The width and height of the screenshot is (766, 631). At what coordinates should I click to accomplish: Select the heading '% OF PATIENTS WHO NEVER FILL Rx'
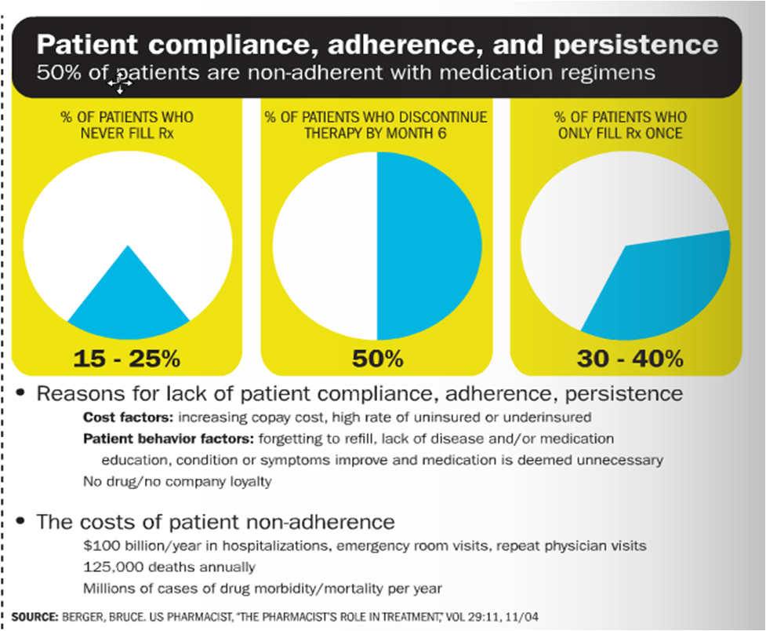click(126, 125)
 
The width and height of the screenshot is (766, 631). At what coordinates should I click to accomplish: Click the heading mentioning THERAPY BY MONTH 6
click(376, 125)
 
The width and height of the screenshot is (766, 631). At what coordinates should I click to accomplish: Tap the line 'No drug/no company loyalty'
click(177, 481)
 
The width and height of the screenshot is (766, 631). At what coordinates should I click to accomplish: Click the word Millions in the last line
click(108, 587)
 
